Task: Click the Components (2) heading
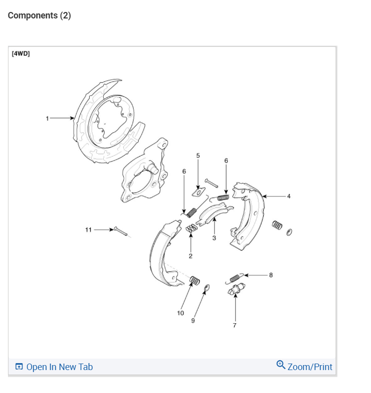pyautogui.click(x=39, y=15)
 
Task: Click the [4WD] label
pyautogui.click(x=20, y=53)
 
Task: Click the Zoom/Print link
pyautogui.click(x=310, y=367)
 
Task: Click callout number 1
pyautogui.click(x=47, y=118)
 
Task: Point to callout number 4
pyautogui.click(x=289, y=196)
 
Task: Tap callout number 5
pyautogui.click(x=197, y=156)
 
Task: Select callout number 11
pyautogui.click(x=88, y=229)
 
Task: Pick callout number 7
pyautogui.click(x=235, y=325)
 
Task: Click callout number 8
pyautogui.click(x=271, y=274)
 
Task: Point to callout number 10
pyautogui.click(x=181, y=313)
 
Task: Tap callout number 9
pyautogui.click(x=193, y=320)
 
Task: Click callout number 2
pyautogui.click(x=190, y=256)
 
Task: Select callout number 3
pyautogui.click(x=214, y=238)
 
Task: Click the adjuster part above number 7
pyautogui.click(x=235, y=290)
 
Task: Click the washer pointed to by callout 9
pyautogui.click(x=207, y=287)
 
